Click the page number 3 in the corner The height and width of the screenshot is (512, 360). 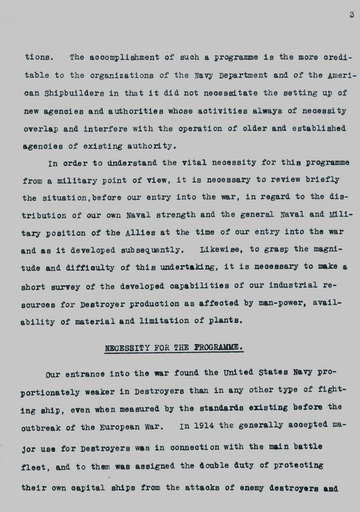click(x=351, y=14)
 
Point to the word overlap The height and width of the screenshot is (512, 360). click(x=40, y=128)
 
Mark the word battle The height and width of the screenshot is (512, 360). click(x=304, y=446)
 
